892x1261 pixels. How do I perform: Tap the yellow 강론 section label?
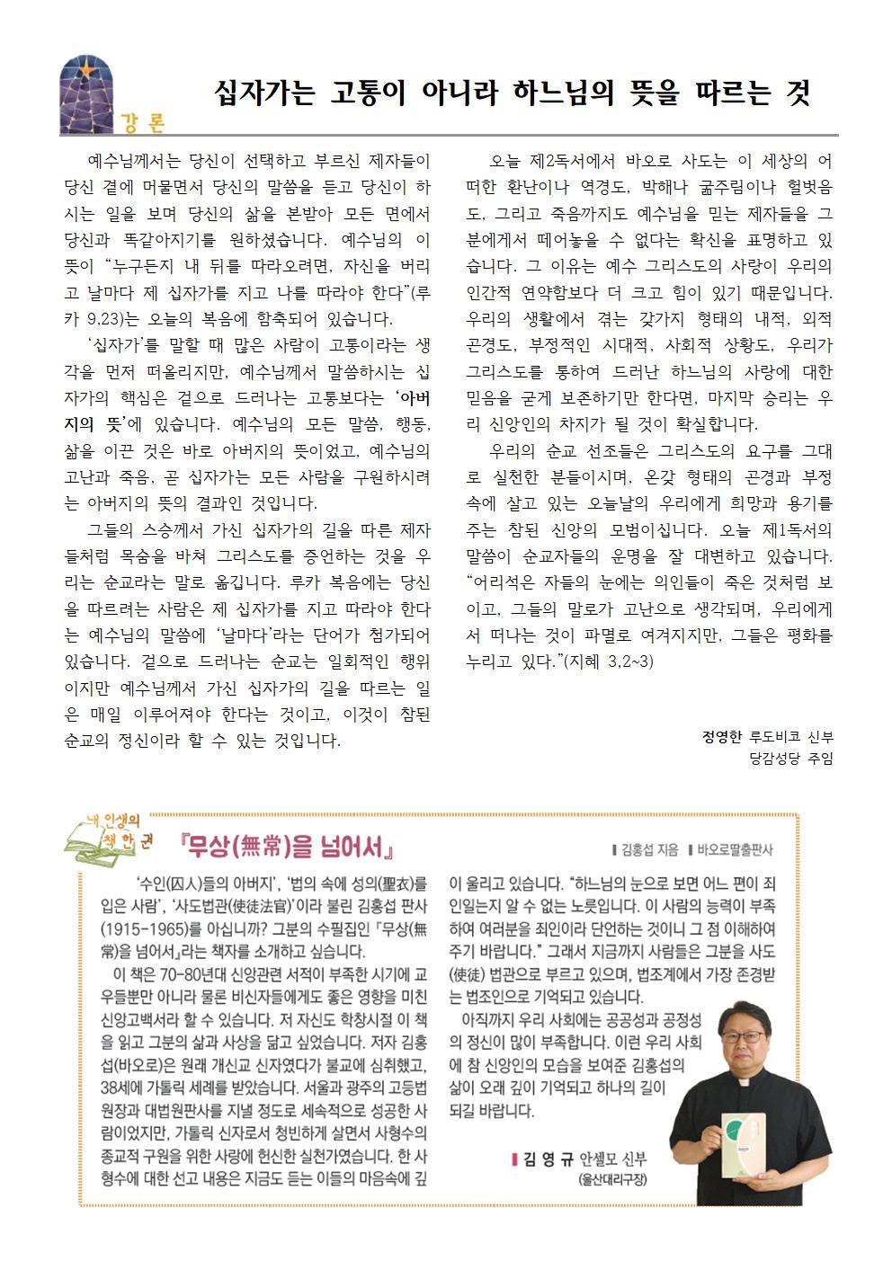142,123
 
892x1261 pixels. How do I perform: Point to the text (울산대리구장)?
612,1179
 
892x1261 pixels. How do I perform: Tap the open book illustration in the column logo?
86,843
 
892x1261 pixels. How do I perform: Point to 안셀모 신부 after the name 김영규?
614,1159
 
